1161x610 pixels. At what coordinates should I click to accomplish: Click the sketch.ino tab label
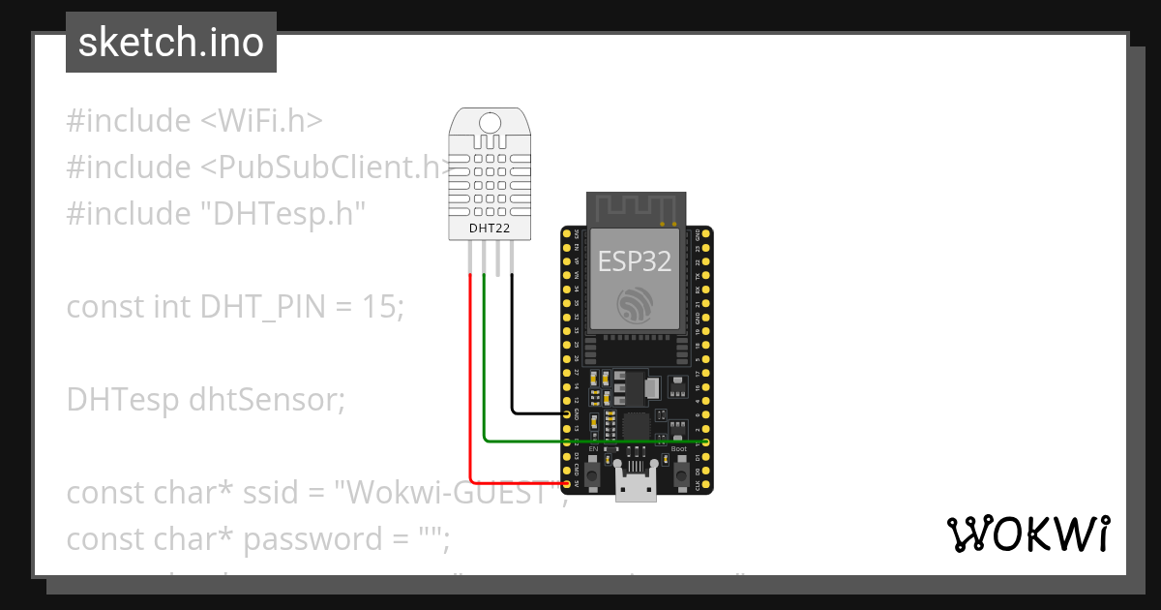point(170,43)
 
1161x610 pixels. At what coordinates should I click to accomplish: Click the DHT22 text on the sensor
point(490,229)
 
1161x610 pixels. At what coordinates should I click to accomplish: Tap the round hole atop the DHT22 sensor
point(491,122)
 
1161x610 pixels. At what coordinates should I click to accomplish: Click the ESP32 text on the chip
point(635,260)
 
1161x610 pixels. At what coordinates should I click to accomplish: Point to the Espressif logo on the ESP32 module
point(635,306)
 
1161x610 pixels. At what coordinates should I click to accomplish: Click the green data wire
point(580,442)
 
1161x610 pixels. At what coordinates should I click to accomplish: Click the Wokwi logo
point(1027,534)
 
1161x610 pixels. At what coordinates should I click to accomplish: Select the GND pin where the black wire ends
point(566,413)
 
